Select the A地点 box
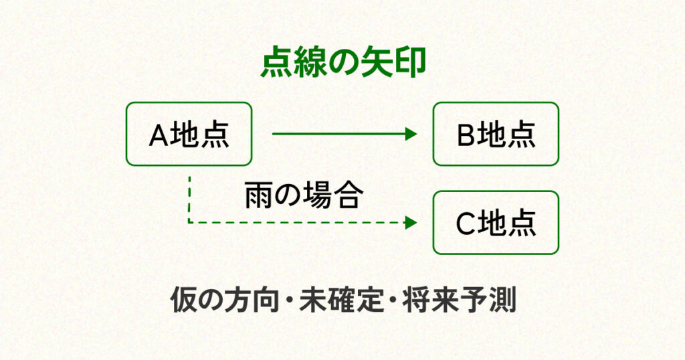coord(189,134)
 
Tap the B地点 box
coord(495,134)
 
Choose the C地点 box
coord(495,223)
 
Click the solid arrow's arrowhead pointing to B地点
coord(411,134)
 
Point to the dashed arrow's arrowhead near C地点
coord(411,222)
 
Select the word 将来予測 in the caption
coord(459,300)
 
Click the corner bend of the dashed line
coord(189,222)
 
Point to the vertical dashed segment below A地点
coord(189,197)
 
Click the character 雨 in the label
coord(258,195)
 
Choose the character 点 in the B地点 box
coord(522,135)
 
